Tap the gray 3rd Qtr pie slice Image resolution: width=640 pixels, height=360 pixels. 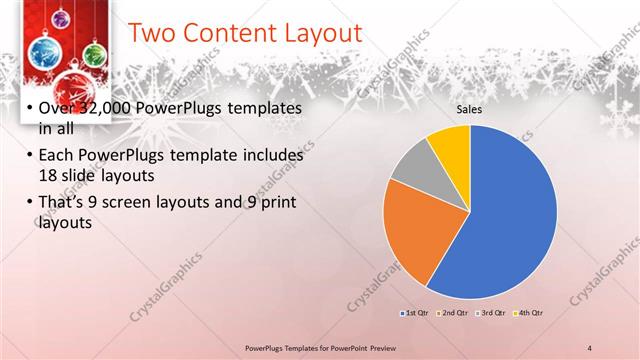coord(411,164)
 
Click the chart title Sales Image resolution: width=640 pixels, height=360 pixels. coord(469,109)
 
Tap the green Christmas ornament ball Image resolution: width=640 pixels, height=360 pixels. coord(95,52)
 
